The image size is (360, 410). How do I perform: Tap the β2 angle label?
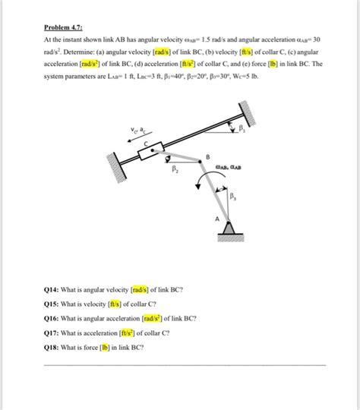pos(174,169)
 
